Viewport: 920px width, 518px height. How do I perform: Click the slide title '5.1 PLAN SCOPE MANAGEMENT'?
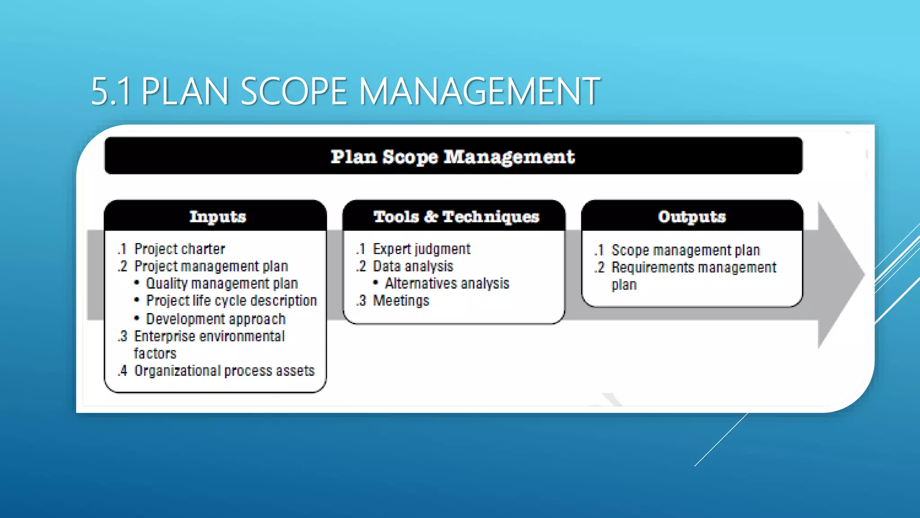[x=345, y=91]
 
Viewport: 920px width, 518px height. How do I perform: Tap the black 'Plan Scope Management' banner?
[x=453, y=156]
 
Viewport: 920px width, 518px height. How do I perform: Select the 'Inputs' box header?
[x=217, y=217]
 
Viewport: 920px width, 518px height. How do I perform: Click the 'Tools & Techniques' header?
[x=456, y=217]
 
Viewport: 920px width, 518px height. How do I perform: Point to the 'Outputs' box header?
[x=692, y=217]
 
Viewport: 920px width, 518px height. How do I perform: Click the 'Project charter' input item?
[x=179, y=249]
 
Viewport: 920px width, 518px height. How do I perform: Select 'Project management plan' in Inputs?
[x=211, y=266]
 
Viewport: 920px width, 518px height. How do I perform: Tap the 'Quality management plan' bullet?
[x=222, y=283]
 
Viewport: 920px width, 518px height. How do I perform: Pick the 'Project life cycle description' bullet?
[x=231, y=300]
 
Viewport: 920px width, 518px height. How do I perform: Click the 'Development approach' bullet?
[x=216, y=319]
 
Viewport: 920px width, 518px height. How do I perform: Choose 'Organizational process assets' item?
[x=224, y=371]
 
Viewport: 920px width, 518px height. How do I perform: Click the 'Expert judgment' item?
[x=421, y=249]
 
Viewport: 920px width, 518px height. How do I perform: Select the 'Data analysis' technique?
[x=413, y=266]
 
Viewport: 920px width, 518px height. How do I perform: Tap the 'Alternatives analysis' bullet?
[x=447, y=283]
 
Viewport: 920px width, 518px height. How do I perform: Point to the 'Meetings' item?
[x=401, y=300]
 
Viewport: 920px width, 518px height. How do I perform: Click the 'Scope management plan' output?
[x=686, y=250]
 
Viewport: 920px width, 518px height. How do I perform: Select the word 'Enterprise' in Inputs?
[x=164, y=336]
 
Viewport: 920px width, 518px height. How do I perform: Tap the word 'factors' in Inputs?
[x=155, y=353]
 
